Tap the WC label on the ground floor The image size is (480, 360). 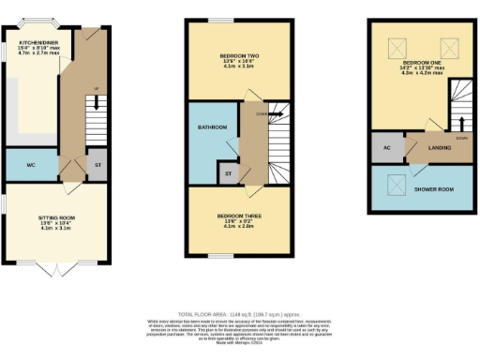tap(31, 164)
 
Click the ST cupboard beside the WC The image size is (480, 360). tap(98, 165)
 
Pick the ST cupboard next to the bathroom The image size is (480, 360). tap(227, 172)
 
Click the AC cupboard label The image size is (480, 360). tap(386, 148)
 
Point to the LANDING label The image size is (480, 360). tap(430, 148)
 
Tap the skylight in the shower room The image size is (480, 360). tap(394, 183)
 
